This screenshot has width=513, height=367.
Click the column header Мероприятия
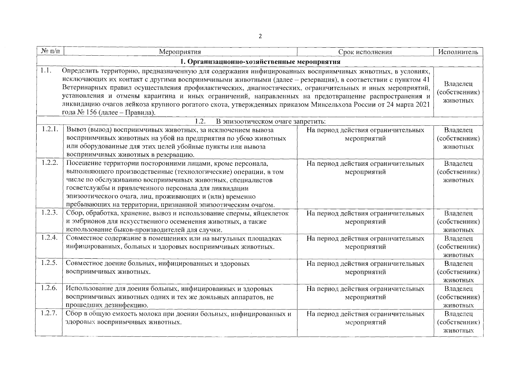[x=180, y=52]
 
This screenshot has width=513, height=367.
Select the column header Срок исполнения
[x=365, y=52]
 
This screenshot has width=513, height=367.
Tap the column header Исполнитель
[x=458, y=52]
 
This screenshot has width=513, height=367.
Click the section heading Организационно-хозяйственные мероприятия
[x=260, y=61]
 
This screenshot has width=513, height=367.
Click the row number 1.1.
[x=45, y=71]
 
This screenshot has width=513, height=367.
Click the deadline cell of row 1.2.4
[x=365, y=243]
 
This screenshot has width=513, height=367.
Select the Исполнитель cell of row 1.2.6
[x=458, y=297]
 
